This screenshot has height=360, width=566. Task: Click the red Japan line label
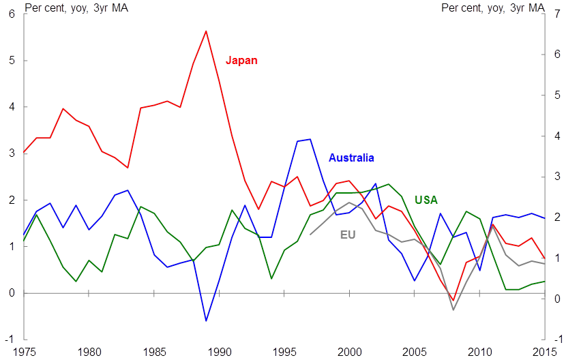241,60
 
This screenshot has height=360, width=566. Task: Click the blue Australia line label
351,157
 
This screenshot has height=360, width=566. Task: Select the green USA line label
426,200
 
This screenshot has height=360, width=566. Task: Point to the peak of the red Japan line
206,31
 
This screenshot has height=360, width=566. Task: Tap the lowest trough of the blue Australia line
206,320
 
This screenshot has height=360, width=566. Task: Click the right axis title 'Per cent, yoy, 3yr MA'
493,8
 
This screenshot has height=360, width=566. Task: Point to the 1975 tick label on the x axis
24,352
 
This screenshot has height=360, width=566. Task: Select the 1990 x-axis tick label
220,352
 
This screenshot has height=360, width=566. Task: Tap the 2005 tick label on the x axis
415,352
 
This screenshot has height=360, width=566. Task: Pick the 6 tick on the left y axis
11,14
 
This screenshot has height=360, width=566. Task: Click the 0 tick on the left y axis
11,292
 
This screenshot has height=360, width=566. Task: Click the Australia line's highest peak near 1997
310,139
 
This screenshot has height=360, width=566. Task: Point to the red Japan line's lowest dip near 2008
453,300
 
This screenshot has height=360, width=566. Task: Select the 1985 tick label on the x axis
154,352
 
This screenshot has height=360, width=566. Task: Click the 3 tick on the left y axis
11,153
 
